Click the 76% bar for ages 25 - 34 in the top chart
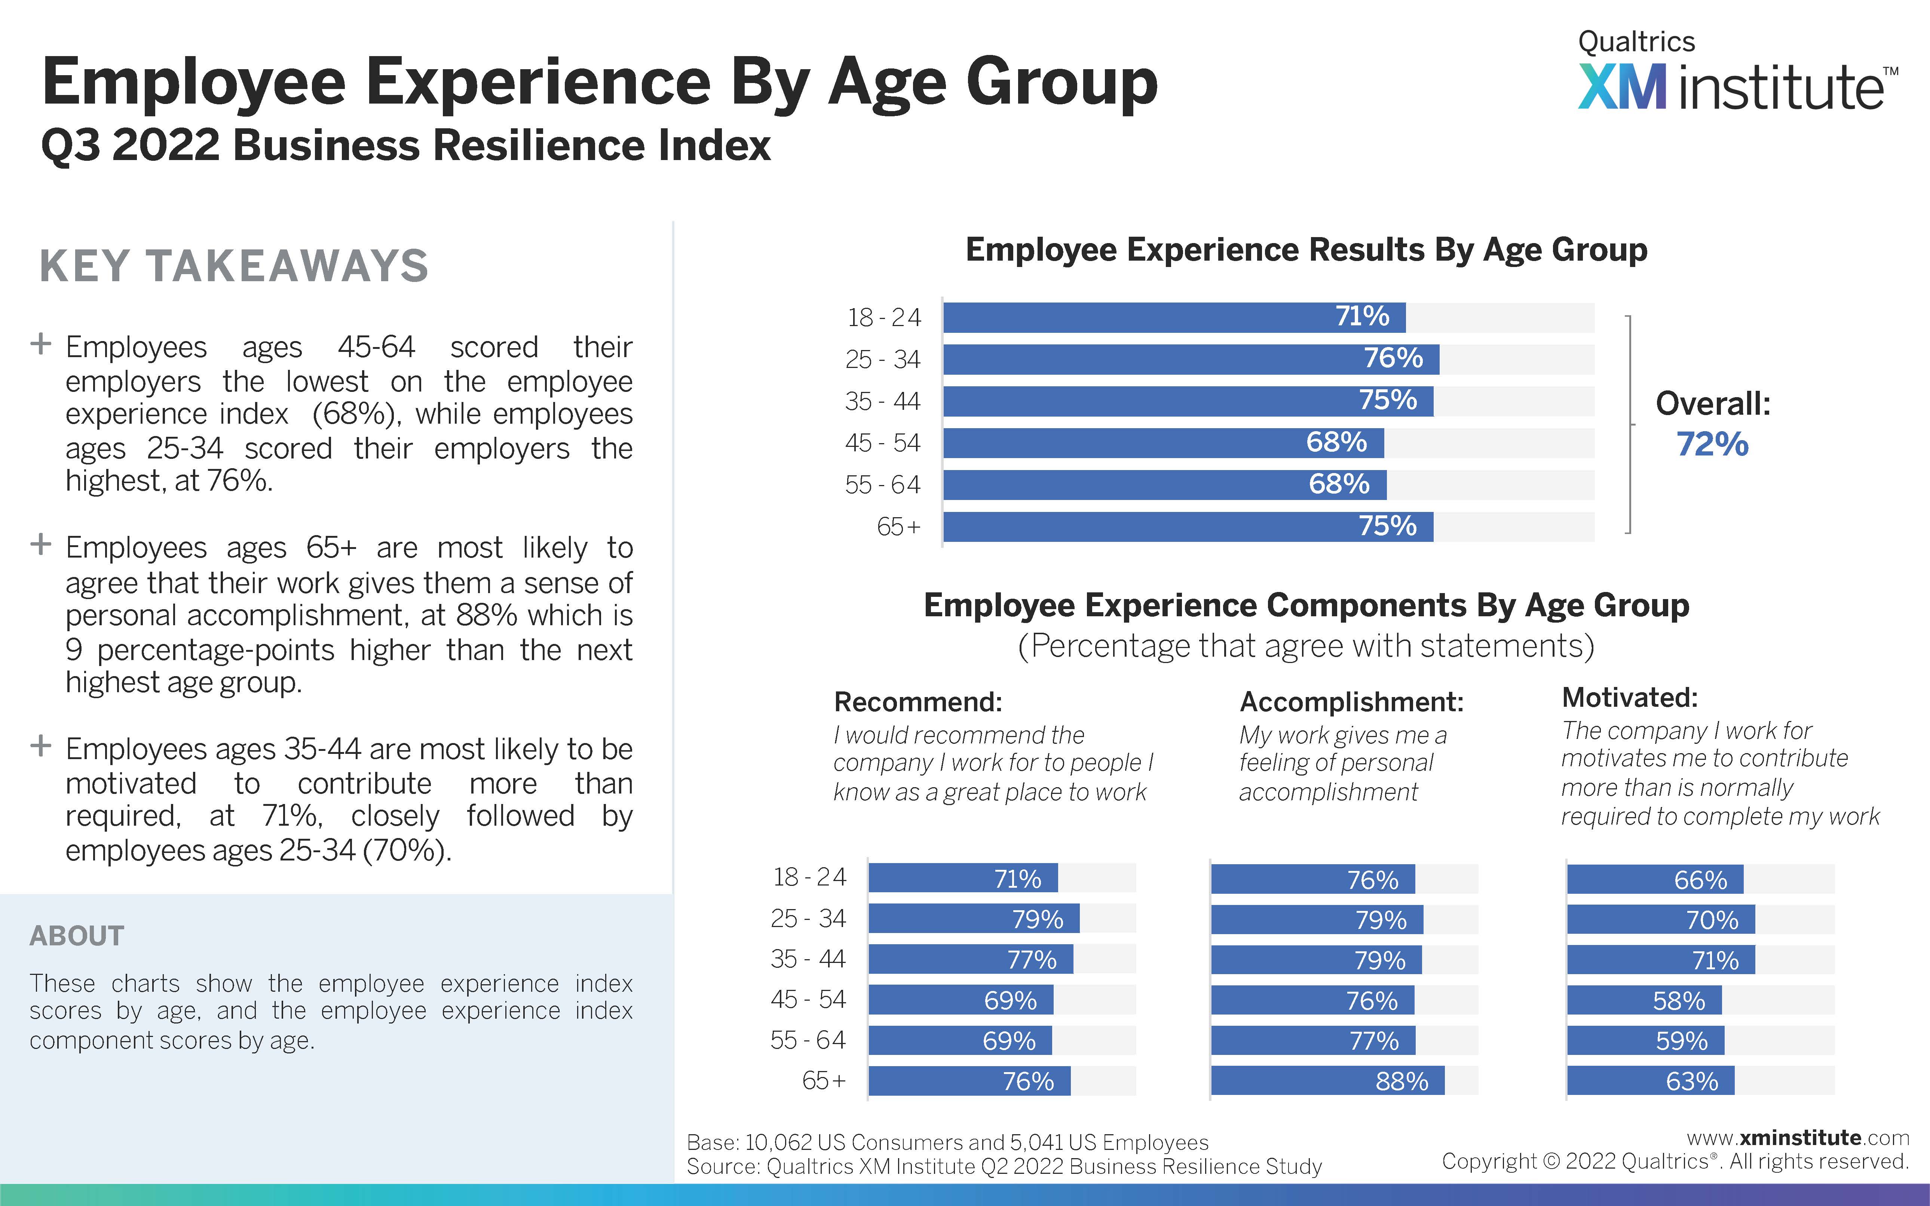click(1191, 359)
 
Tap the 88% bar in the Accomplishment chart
click(1327, 1081)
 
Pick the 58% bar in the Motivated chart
click(1644, 1000)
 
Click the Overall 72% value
click(1712, 444)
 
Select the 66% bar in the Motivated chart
click(1655, 879)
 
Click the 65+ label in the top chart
click(898, 527)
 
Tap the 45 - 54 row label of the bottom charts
click(808, 1000)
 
